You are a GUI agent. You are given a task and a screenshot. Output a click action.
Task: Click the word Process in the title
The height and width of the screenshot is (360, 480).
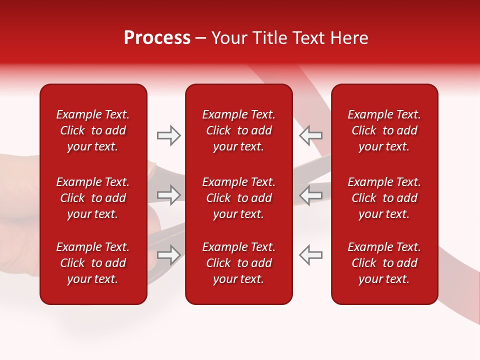click(157, 38)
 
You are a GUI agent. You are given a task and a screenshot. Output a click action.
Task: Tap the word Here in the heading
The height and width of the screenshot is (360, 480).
click(348, 38)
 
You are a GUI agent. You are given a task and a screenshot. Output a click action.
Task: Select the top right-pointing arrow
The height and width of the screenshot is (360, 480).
click(169, 135)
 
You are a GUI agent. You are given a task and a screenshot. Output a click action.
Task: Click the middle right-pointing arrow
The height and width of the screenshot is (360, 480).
click(169, 195)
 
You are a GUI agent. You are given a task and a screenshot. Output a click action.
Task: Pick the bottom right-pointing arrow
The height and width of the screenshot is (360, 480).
click(169, 254)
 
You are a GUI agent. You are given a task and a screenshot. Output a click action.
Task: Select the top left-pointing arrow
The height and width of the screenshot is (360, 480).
click(310, 135)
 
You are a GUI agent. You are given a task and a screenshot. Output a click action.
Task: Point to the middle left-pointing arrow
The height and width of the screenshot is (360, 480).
click(310, 195)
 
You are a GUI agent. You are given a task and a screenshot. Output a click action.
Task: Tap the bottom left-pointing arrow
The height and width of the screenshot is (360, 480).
click(310, 254)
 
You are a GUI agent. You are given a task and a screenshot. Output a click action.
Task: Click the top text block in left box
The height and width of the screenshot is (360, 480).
click(93, 130)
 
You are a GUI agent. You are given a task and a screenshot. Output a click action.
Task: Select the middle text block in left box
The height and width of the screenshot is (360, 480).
click(93, 198)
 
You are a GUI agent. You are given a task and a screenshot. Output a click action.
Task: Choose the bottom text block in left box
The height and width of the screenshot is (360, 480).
click(93, 263)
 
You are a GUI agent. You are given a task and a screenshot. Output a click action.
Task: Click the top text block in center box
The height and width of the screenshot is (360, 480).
click(239, 130)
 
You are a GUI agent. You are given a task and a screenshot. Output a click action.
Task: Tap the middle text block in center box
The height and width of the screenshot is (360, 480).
click(239, 198)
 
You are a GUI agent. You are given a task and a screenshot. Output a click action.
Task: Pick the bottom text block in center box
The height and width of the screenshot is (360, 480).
click(239, 263)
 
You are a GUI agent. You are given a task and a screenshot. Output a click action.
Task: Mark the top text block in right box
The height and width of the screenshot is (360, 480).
click(384, 130)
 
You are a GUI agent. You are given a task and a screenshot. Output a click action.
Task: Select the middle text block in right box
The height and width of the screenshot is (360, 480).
click(384, 198)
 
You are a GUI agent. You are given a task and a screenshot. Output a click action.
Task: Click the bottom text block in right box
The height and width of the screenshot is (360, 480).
click(384, 263)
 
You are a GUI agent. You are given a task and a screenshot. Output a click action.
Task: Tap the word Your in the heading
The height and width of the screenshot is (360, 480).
click(228, 38)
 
